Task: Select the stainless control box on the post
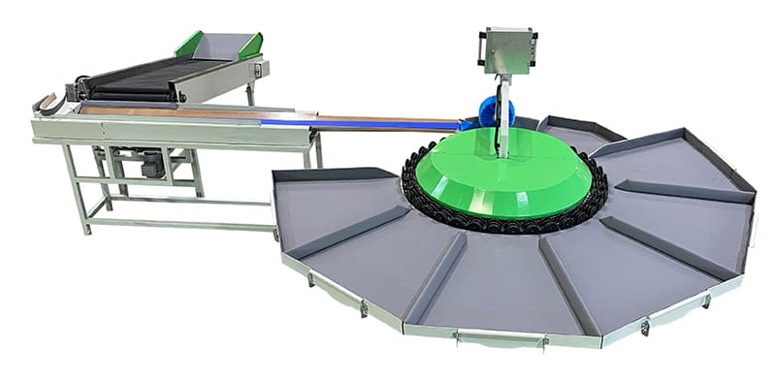(x=505, y=50)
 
